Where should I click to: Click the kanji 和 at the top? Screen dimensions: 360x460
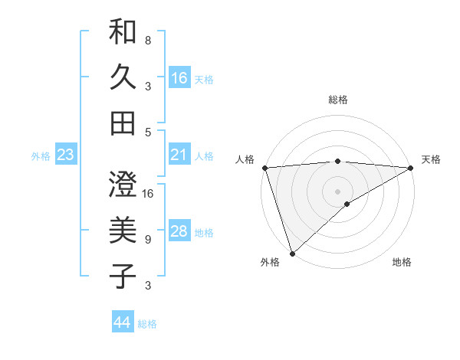pos(123,33)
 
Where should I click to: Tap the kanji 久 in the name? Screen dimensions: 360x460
pos(123,77)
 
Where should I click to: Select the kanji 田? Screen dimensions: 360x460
pos(123,123)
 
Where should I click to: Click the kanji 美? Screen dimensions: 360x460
pos(123,231)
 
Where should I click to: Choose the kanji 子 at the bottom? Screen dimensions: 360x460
pos(123,276)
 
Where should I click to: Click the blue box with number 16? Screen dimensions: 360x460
pos(179,78)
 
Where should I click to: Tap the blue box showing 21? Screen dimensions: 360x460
pos(179,155)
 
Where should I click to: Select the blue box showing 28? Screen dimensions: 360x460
pos(179,231)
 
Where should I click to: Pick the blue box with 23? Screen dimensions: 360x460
pos(65,155)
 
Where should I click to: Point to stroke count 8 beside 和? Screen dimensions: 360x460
pos(147,41)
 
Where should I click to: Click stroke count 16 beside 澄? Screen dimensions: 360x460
pos(149,194)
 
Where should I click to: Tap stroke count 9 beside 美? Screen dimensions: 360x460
pos(147,239)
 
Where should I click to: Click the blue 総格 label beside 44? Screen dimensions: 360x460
pos(147,323)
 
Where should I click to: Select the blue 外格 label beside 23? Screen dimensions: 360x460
pos(41,155)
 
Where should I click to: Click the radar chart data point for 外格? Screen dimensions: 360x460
pos(292,253)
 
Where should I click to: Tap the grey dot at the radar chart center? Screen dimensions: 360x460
pos(337,191)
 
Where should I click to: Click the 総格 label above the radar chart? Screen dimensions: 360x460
pos(337,100)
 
